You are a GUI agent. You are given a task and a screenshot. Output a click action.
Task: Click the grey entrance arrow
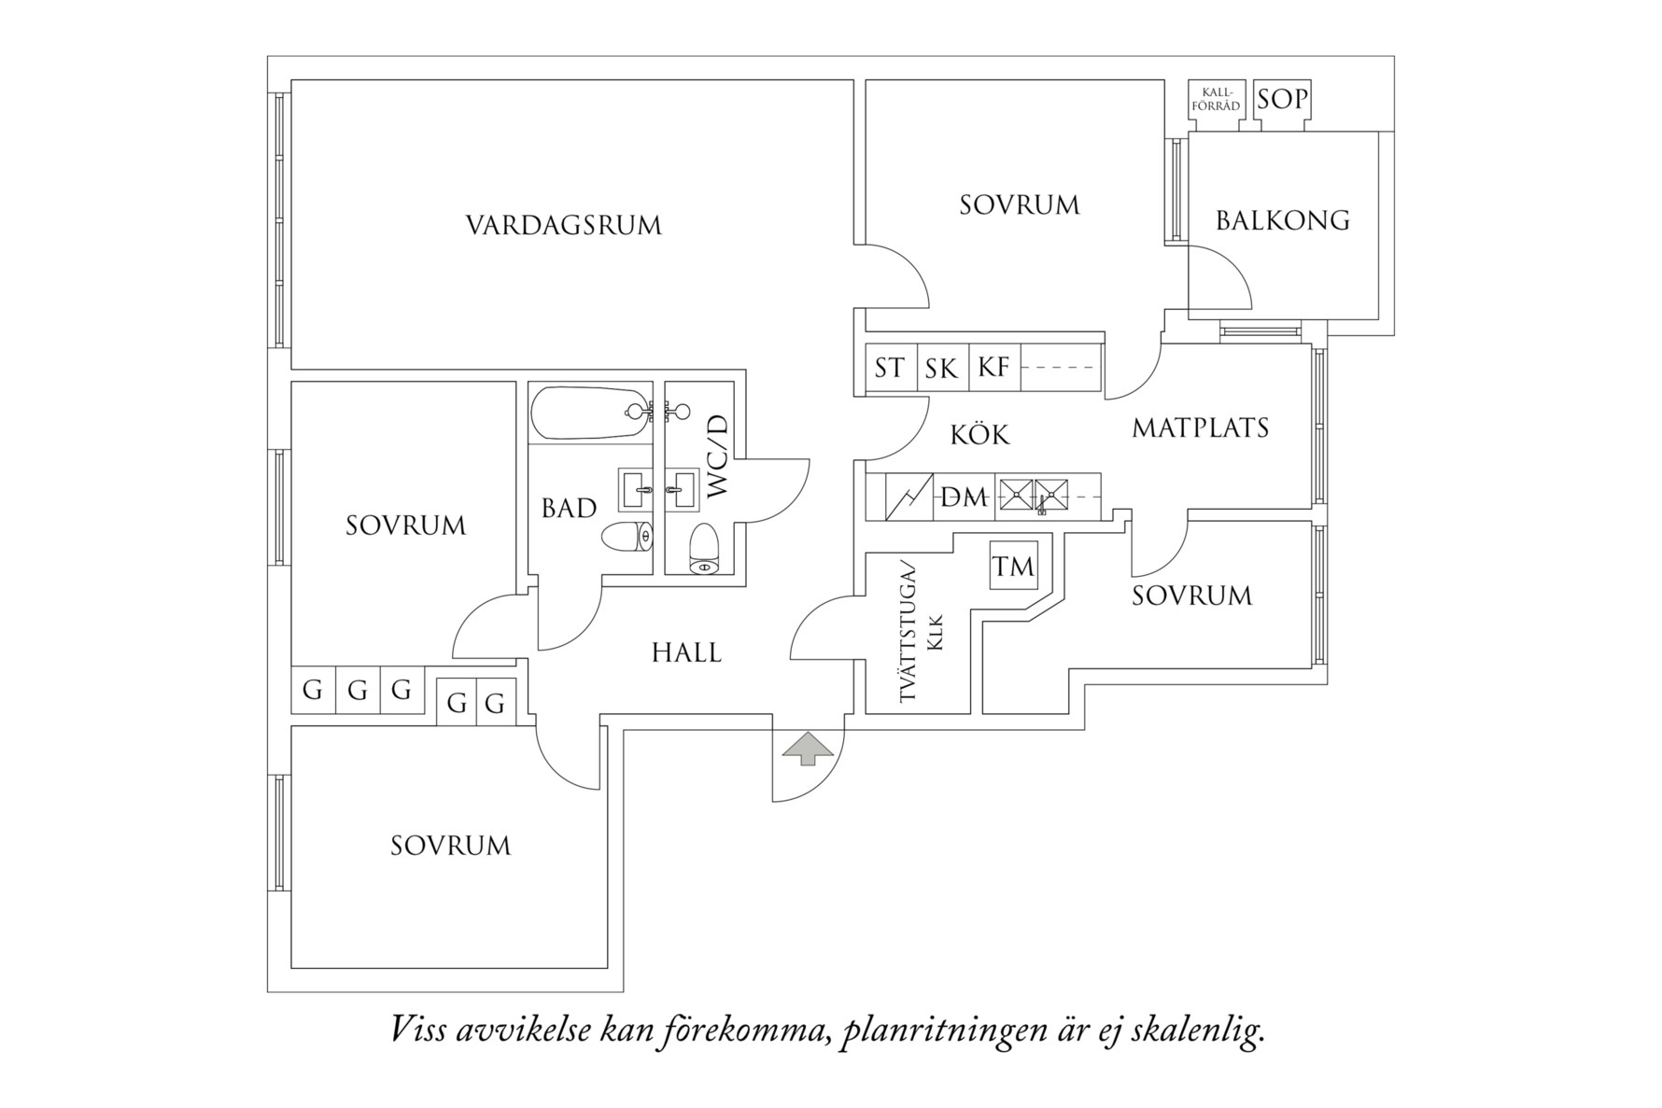pyautogui.click(x=807, y=749)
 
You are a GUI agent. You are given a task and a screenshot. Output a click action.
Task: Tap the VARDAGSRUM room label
pyautogui.click(x=563, y=226)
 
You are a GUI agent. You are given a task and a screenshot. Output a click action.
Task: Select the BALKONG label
pyautogui.click(x=1282, y=220)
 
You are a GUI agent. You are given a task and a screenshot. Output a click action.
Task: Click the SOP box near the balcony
pyautogui.click(x=1282, y=99)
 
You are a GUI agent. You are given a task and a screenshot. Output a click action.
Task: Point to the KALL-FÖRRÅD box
pyautogui.click(x=1216, y=100)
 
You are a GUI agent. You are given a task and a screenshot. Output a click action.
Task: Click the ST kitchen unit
pyautogui.click(x=889, y=368)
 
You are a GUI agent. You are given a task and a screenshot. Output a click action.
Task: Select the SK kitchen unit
pyautogui.click(x=941, y=368)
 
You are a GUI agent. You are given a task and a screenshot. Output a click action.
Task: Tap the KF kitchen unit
pyautogui.click(x=993, y=368)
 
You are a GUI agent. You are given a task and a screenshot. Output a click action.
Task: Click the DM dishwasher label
pyautogui.click(x=963, y=498)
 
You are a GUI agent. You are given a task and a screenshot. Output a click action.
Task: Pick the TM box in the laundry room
pyautogui.click(x=1013, y=566)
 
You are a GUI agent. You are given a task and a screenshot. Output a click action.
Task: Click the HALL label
pyautogui.click(x=686, y=652)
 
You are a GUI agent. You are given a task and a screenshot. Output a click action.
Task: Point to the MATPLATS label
pyautogui.click(x=1200, y=428)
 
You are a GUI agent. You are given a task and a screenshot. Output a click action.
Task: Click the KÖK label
pyautogui.click(x=979, y=434)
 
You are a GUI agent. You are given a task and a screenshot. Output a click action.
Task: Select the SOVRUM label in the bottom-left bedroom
pyautogui.click(x=450, y=846)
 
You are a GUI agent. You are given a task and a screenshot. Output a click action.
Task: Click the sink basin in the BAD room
pyautogui.click(x=636, y=489)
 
